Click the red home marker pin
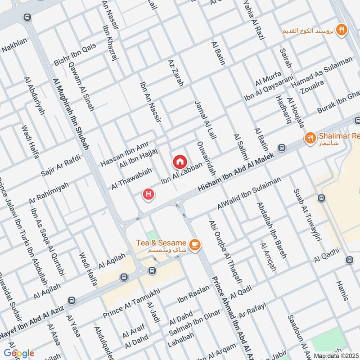coord(179,161)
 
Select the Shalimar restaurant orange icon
coord(310,138)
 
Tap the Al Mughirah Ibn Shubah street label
coord(71,113)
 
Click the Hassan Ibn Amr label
coord(118,153)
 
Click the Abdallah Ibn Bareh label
coord(271,229)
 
